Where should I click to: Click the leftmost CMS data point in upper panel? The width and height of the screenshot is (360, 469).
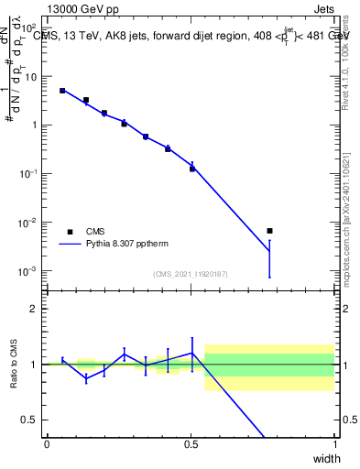coord(62,91)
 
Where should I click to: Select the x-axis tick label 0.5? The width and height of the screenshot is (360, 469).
coord(191,443)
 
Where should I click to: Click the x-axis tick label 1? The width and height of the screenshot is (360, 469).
coord(334,443)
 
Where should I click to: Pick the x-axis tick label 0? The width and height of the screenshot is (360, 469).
coord(47,443)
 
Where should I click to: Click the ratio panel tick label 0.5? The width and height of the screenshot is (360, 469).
coord(28,420)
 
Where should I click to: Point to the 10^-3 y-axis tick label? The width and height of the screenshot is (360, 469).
coord(27,271)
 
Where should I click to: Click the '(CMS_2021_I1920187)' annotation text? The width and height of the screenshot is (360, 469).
coord(191,273)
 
